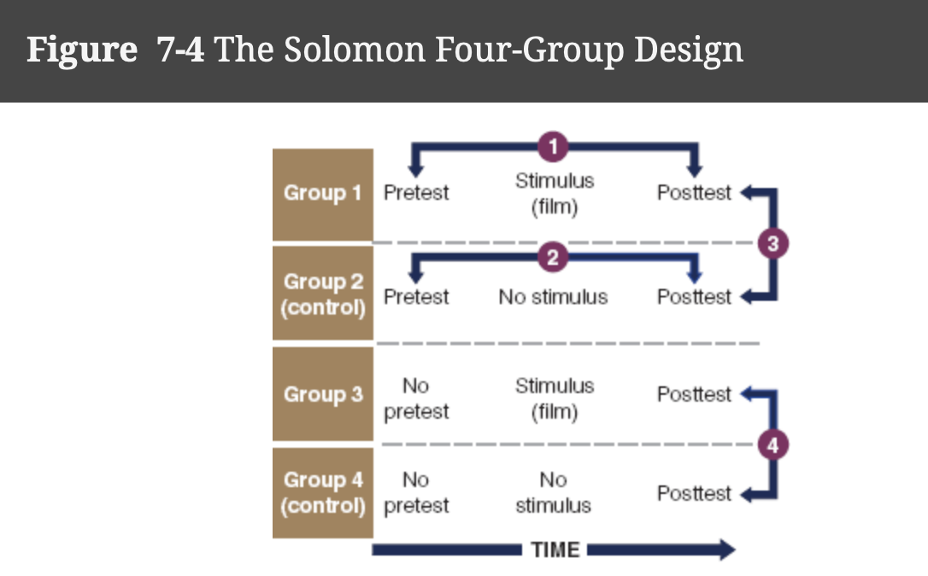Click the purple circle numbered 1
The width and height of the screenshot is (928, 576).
click(553, 147)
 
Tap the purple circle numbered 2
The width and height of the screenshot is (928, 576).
click(553, 257)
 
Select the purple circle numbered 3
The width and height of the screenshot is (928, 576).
click(772, 244)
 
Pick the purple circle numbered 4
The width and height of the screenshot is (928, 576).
click(772, 444)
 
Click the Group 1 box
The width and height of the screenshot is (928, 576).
click(322, 194)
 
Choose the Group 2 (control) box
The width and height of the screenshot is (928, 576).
click(322, 294)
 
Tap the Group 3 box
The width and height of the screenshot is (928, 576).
click(322, 395)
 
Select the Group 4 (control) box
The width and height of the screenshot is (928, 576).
click(322, 493)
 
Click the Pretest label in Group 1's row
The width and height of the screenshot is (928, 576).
click(416, 193)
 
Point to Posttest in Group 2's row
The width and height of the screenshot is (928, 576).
click(694, 297)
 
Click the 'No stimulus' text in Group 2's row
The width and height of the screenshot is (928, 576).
click(553, 297)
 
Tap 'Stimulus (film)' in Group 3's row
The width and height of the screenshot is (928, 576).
click(554, 398)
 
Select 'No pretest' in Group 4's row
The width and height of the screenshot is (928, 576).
click(416, 493)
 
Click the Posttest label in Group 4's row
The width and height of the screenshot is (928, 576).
click(694, 494)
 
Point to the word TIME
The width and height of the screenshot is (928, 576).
click(555, 550)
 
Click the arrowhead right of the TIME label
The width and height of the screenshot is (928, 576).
click(725, 550)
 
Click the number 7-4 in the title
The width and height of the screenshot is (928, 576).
click(180, 50)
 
